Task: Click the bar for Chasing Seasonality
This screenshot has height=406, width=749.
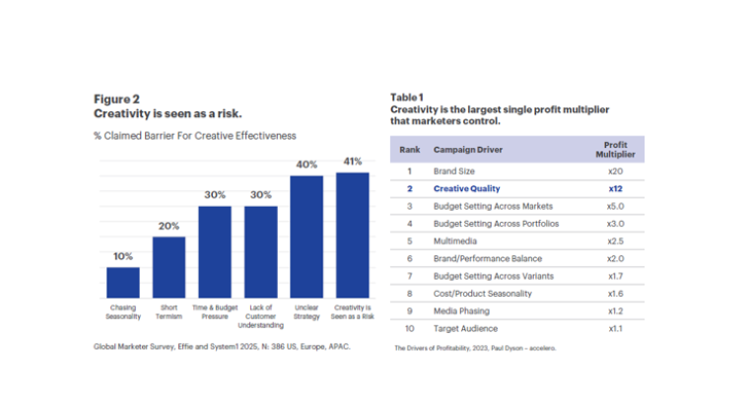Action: [123, 282]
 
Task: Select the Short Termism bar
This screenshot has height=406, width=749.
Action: [169, 266]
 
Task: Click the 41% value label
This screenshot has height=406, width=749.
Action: [352, 162]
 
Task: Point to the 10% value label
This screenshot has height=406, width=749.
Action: [123, 256]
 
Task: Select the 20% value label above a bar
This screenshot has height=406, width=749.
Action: [169, 226]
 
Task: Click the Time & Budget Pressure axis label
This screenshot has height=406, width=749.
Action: [215, 311]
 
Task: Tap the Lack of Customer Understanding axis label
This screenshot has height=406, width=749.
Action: [260, 316]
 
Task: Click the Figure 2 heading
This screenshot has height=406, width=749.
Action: [116, 99]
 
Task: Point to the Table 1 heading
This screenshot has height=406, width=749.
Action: [407, 98]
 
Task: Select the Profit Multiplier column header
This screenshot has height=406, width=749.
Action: [616, 149]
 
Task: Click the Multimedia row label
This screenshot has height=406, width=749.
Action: [456, 239]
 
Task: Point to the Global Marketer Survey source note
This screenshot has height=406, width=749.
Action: [222, 347]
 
